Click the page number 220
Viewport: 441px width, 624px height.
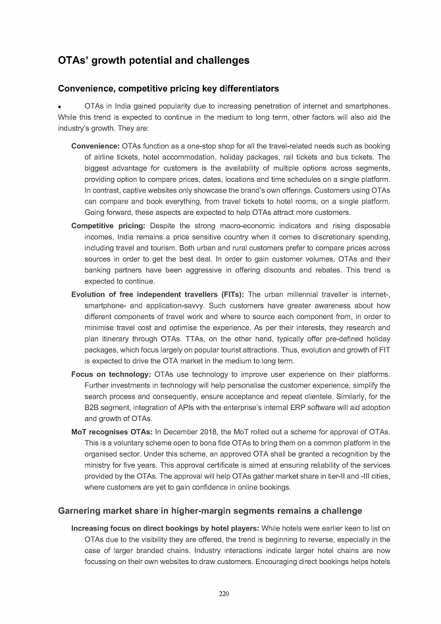pos(224,594)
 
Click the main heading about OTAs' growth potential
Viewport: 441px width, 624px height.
pos(154,60)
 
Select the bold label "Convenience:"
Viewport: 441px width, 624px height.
pos(95,146)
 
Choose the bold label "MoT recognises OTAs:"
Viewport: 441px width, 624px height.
pos(111,432)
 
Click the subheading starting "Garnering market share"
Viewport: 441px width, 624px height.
pos(209,511)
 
